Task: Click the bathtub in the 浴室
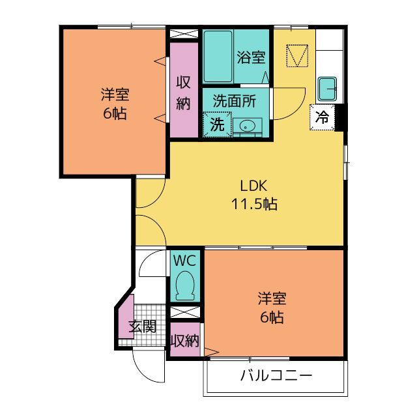218,57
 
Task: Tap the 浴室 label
251,57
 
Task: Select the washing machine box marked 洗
217,124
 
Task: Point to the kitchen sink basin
327,89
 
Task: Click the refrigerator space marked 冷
322,117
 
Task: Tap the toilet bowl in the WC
185,285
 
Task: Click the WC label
184,261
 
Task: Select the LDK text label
253,186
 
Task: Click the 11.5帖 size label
254,204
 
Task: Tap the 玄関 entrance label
142,326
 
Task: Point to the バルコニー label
276,375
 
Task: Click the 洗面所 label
235,101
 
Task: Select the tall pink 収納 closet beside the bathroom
184,90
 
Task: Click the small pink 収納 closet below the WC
185,339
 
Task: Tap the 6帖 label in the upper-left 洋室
115,113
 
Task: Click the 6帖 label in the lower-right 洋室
272,317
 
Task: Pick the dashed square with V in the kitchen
297,55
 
